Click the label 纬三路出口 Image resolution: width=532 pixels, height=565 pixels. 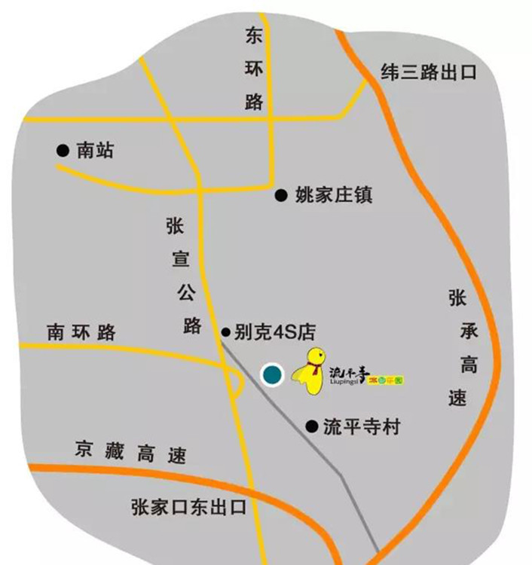click(430, 73)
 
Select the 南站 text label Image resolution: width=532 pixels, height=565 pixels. click(96, 150)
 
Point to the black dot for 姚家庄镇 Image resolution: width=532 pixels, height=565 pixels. click(281, 196)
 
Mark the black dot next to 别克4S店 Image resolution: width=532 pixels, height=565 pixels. click(225, 331)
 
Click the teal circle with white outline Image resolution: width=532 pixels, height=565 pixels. click(271, 374)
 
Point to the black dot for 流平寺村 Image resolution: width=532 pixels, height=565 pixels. click(310, 427)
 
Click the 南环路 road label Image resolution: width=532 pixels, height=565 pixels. click(81, 332)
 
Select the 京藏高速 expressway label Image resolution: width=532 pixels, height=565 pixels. click(130, 454)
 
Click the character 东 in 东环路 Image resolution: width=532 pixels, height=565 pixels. click(254, 35)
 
